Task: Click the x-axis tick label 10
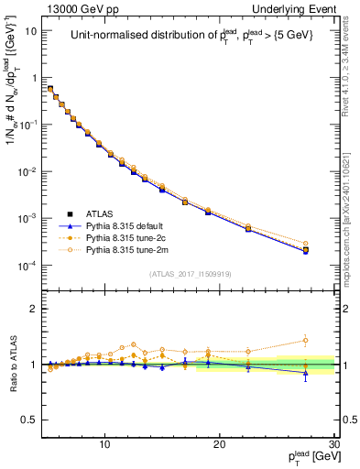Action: click(x=105, y=444)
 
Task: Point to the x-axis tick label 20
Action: click(x=220, y=444)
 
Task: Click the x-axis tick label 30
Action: click(x=333, y=444)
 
